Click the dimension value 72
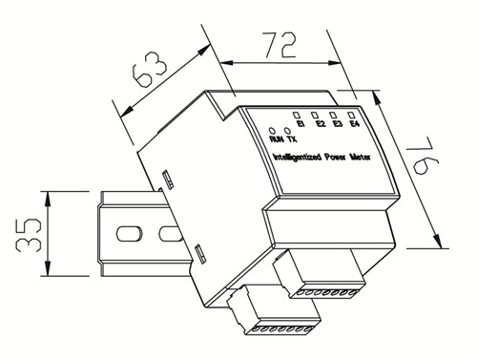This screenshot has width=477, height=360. [x=280, y=45]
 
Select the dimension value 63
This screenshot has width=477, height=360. [x=149, y=71]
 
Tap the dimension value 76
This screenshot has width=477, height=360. [x=424, y=156]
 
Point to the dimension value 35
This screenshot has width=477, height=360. [x=29, y=235]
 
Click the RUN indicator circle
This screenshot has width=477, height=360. [x=272, y=131]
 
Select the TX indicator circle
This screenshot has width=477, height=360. [x=287, y=131]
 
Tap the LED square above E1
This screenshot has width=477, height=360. [x=297, y=115]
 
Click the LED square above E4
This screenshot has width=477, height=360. [x=351, y=115]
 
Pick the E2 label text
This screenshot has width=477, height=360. [x=321, y=124]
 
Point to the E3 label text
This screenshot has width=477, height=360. [x=338, y=124]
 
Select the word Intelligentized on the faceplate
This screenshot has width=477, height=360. [x=298, y=158]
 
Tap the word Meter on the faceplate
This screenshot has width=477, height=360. [x=361, y=158]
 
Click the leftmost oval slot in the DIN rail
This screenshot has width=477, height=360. [x=129, y=234]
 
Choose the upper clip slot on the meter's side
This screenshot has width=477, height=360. [x=168, y=180]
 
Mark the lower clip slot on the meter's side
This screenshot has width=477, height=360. [x=199, y=254]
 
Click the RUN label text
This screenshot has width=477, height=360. [x=277, y=139]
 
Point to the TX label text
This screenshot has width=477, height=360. [x=292, y=139]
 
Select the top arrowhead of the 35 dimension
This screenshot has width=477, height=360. [x=48, y=199]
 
